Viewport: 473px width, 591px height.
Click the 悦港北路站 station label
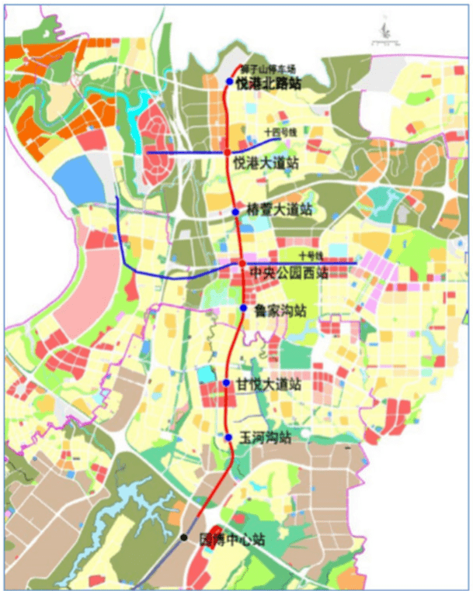point(268,83)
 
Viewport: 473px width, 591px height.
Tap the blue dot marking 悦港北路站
point(229,82)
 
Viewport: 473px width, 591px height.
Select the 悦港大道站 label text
point(266,163)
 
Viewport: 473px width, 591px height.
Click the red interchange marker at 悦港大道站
point(228,153)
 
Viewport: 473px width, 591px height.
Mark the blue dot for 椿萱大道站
point(235,212)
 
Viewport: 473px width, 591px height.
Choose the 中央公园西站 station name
point(289,273)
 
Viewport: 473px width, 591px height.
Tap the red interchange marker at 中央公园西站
point(242,264)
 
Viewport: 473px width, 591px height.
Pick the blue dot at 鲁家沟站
point(243,309)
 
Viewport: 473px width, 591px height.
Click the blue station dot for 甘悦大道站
point(226,383)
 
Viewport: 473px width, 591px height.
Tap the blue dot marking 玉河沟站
point(229,438)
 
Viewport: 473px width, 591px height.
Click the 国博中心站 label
point(232,539)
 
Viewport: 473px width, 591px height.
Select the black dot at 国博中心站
point(184,537)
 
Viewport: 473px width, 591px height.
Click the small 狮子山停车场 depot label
point(268,68)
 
